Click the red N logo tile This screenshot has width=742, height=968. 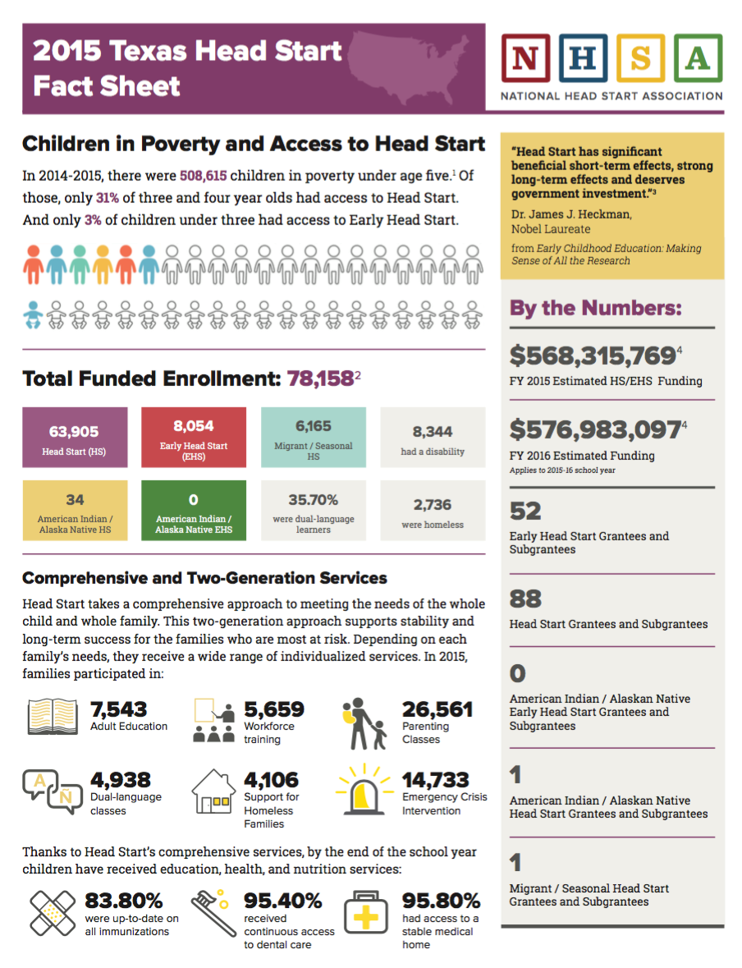(x=525, y=58)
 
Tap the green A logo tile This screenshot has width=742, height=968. (x=698, y=58)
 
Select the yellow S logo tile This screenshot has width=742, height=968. (x=640, y=58)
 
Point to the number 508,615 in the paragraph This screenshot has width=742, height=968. (x=203, y=176)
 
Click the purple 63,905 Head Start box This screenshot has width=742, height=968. (x=75, y=437)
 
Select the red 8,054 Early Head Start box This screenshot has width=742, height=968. (x=194, y=437)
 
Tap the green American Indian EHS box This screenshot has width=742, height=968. (x=194, y=511)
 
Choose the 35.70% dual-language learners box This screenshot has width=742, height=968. (x=314, y=511)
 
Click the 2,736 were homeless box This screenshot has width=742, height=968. (x=433, y=511)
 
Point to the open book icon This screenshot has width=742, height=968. (x=53, y=717)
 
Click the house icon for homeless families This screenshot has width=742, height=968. (x=213, y=791)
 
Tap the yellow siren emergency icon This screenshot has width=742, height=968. (x=364, y=790)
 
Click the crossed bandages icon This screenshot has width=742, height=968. (x=53, y=913)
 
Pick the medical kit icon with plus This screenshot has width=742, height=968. (x=366, y=914)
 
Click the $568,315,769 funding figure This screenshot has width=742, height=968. (x=593, y=356)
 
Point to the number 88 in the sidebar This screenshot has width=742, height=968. (x=525, y=599)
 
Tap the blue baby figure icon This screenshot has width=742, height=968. (x=34, y=314)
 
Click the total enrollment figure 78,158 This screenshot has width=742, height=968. (x=320, y=378)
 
